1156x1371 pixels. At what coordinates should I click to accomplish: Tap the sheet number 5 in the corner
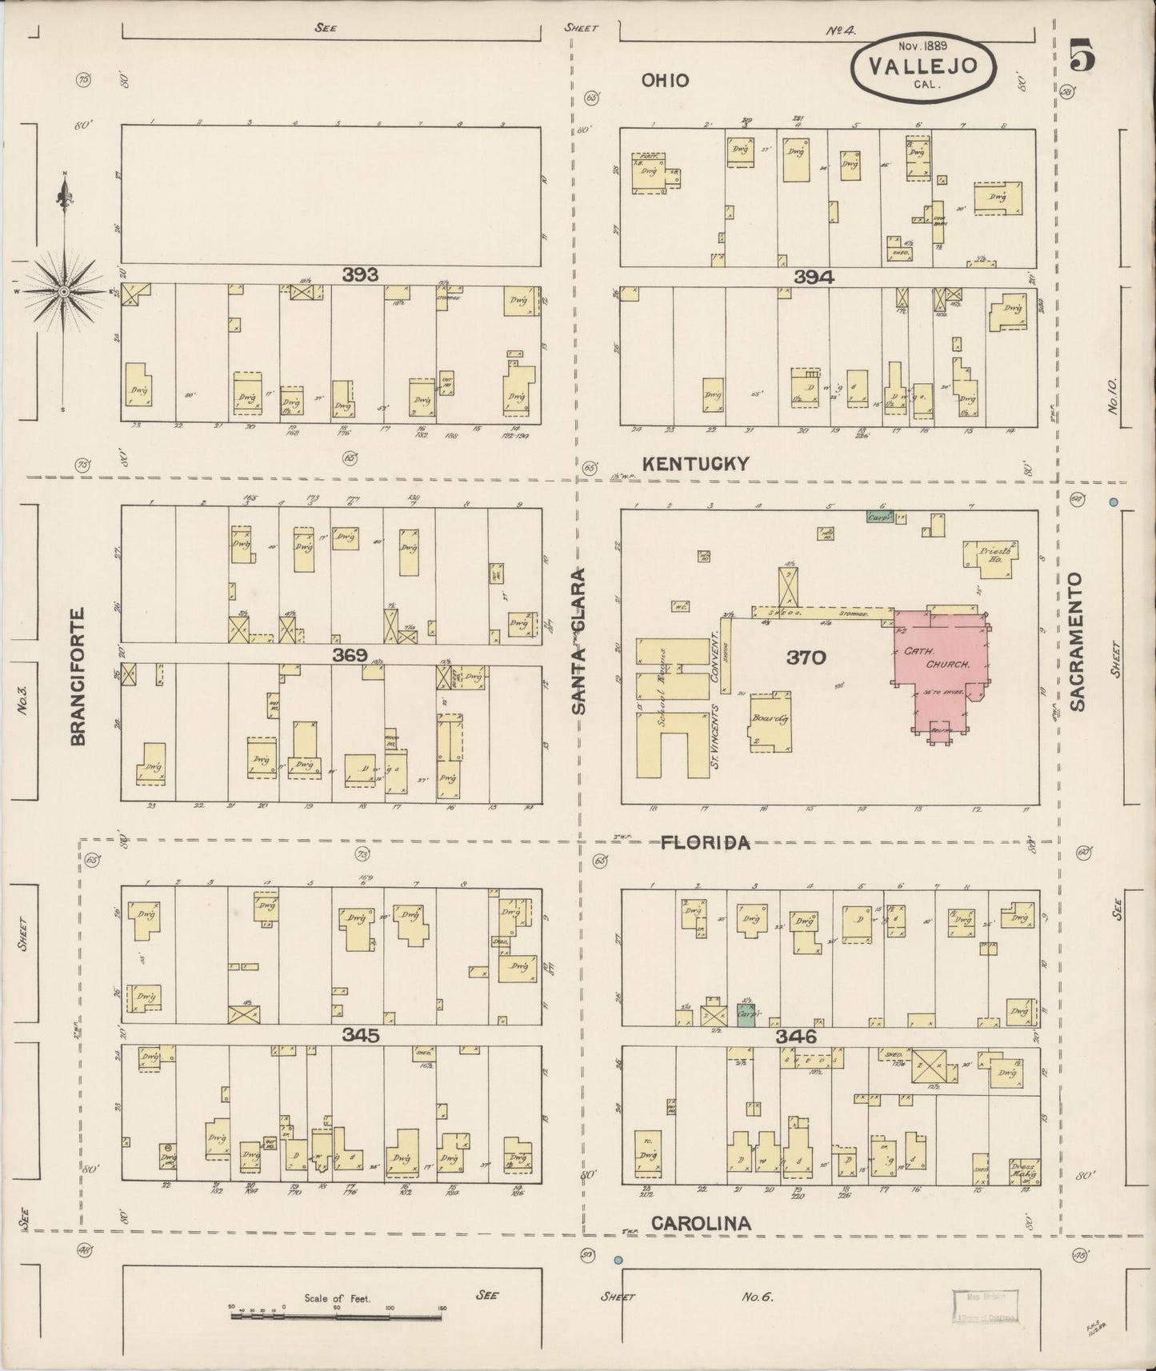tap(1081, 56)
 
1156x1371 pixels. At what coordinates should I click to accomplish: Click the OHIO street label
tap(665, 80)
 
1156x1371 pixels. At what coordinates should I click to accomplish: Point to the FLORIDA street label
tap(705, 842)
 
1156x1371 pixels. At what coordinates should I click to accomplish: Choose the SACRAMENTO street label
tap(1077, 641)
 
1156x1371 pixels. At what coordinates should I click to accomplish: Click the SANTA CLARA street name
tap(579, 641)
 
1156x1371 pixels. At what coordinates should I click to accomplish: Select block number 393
tap(360, 275)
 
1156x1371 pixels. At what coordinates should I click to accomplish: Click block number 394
tap(814, 277)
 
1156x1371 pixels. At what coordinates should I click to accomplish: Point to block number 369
tap(350, 655)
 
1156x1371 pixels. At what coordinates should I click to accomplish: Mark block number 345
tap(360, 1035)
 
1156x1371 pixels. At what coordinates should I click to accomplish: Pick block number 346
tap(796, 1037)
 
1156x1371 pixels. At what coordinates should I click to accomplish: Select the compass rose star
tap(63, 292)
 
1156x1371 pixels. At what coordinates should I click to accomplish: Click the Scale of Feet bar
tap(336, 1315)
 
